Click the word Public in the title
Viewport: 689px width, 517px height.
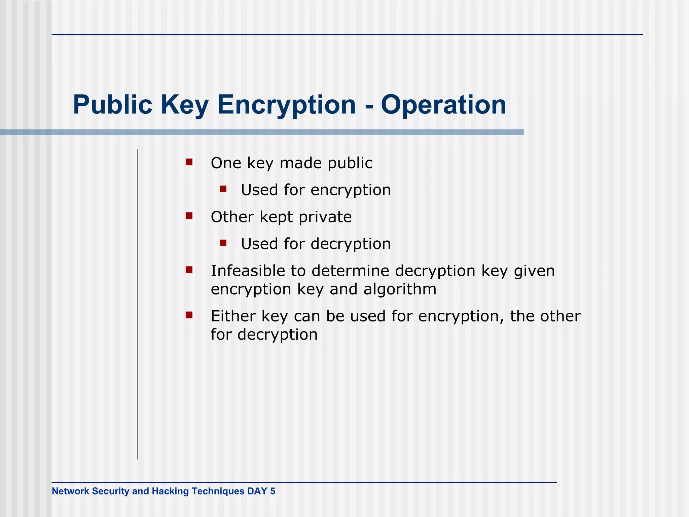tap(113, 105)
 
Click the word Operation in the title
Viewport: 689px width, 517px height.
tap(443, 105)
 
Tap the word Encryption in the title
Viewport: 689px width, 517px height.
tap(287, 105)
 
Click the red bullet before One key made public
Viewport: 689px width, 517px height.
tap(189, 162)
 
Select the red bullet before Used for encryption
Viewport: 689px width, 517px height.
tap(223, 189)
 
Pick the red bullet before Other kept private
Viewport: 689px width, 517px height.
tap(189, 216)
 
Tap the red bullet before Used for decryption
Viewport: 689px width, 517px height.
tap(223, 243)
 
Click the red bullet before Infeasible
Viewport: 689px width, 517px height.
tap(189, 270)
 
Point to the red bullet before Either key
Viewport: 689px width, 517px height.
tap(189, 315)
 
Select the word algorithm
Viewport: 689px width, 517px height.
tap(400, 289)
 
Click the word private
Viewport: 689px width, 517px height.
tap(325, 217)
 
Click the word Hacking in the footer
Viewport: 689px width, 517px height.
tap(170, 491)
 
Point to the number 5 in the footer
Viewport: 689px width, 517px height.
tap(273, 491)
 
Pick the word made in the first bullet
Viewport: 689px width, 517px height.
tap(300, 163)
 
